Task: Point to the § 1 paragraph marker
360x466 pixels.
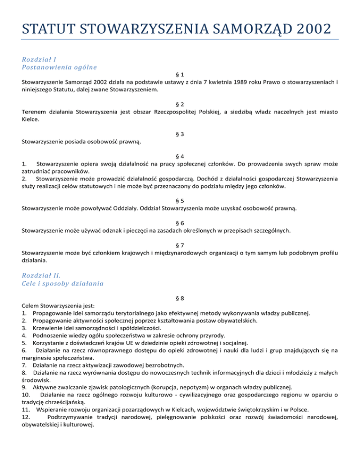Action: tap(180, 75)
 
